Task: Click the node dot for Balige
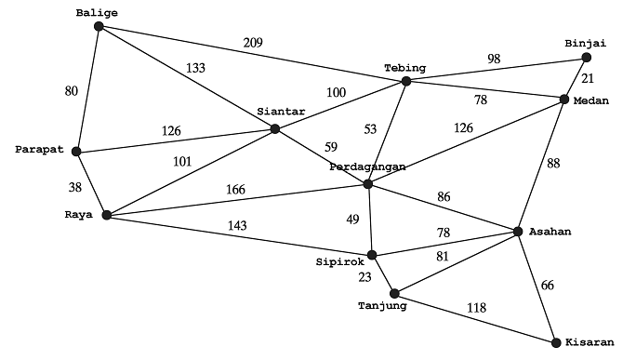[99, 26]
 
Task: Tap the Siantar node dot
[274, 128]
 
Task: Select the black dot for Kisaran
[556, 342]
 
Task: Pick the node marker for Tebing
[405, 82]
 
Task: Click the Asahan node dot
[519, 231]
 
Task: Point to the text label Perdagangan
[367, 167]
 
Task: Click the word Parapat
[38, 149]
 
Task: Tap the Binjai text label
[585, 43]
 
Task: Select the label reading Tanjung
[381, 305]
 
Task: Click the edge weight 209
[254, 43]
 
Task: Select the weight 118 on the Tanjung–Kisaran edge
[475, 307]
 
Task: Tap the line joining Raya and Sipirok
[239, 234]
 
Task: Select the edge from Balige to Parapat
[87, 88]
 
